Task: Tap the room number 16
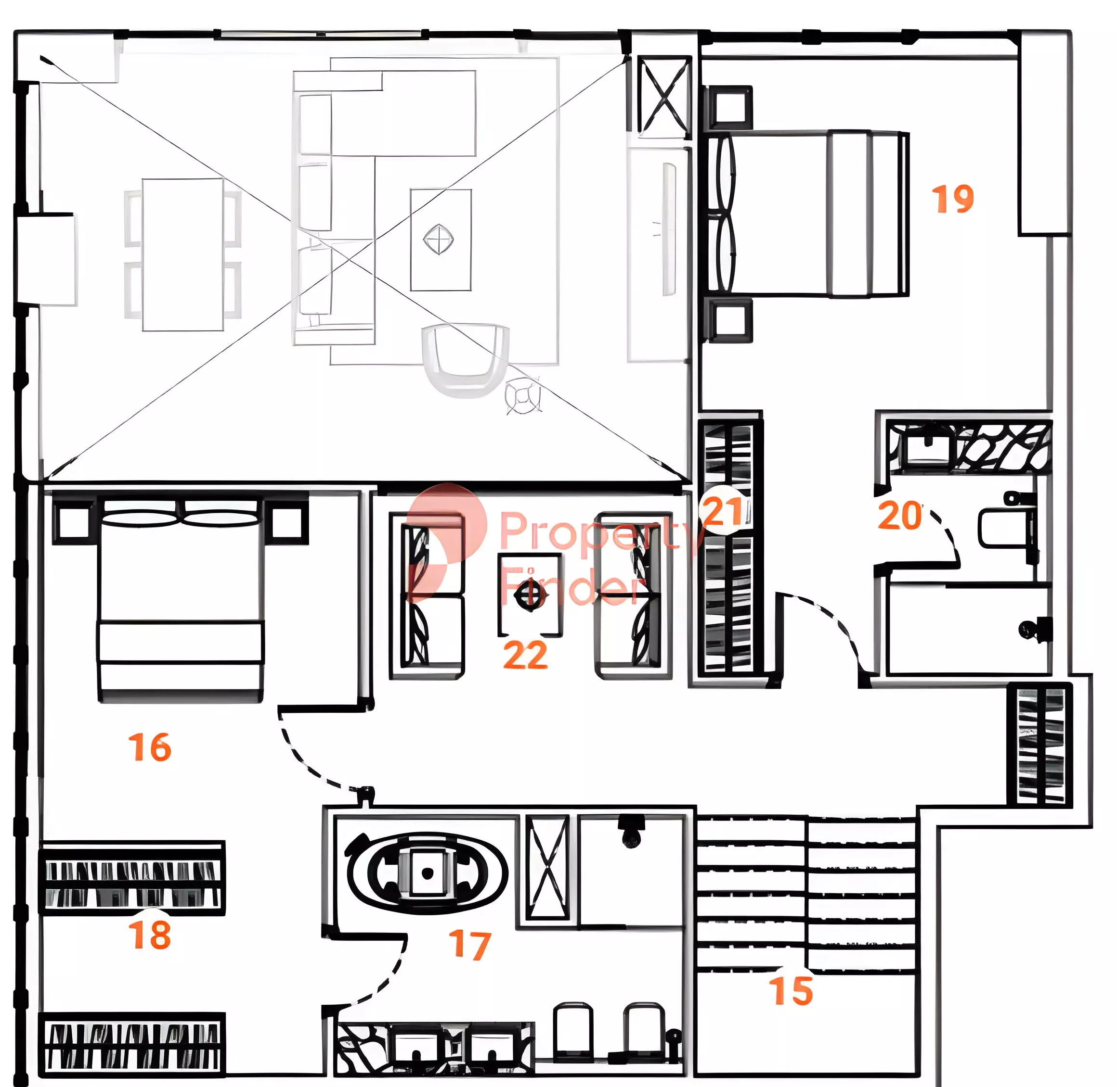click(150, 747)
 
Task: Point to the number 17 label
click(469, 945)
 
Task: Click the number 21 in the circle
click(723, 511)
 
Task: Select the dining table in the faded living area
click(183, 254)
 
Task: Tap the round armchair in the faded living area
click(465, 360)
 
